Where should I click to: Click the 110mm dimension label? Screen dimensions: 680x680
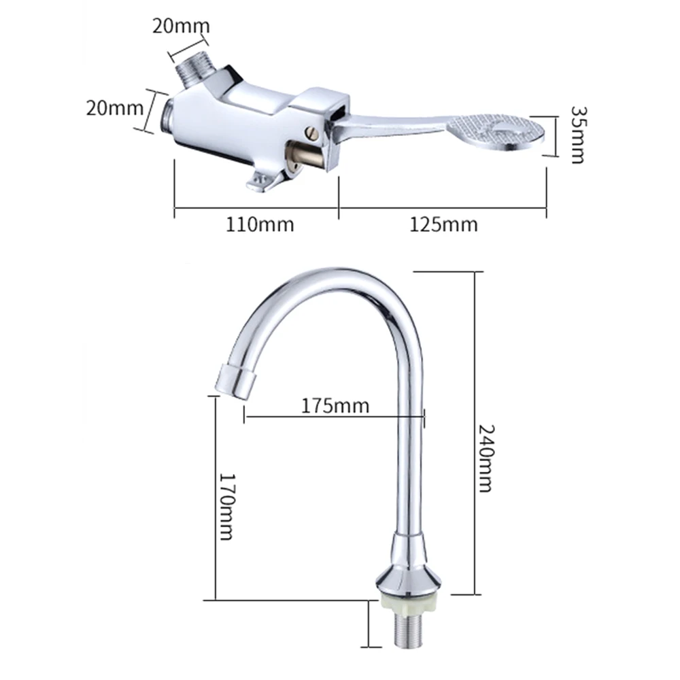(x=260, y=224)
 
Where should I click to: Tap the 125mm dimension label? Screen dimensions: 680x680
(x=443, y=224)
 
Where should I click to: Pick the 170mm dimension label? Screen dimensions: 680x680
(x=226, y=506)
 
